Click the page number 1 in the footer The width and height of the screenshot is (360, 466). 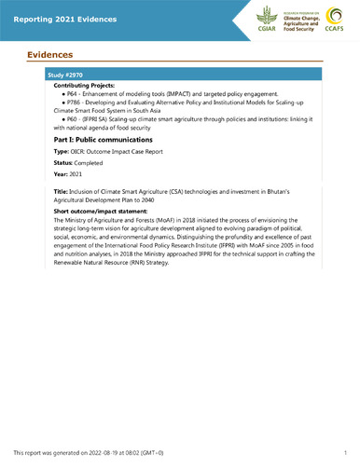click(x=344, y=449)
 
